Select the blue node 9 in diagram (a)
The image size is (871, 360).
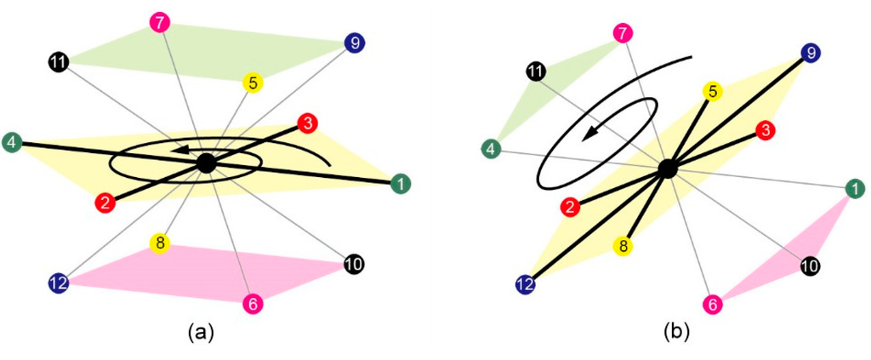(x=354, y=41)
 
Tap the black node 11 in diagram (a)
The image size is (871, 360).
(x=58, y=61)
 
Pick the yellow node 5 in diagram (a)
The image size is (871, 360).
(x=252, y=83)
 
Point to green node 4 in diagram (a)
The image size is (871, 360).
(x=13, y=142)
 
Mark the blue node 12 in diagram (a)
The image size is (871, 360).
(x=59, y=283)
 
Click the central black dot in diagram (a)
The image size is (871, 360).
(x=205, y=162)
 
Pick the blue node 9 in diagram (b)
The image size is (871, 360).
(x=812, y=53)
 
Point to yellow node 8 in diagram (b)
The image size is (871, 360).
(x=623, y=247)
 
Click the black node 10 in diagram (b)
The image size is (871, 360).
(x=811, y=267)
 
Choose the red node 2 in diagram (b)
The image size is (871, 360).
(x=569, y=205)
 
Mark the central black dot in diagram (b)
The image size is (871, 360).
(x=668, y=169)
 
